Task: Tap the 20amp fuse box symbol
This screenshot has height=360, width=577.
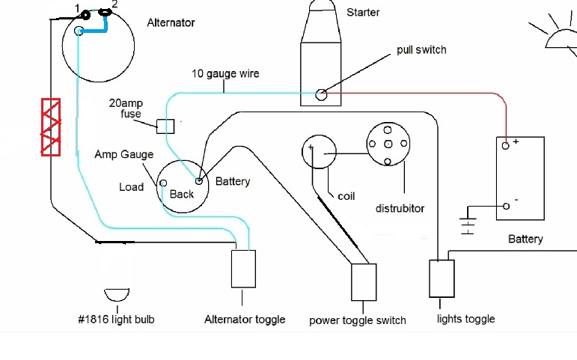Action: click(165, 125)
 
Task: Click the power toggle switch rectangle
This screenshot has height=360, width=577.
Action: click(364, 281)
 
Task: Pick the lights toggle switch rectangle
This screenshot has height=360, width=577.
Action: click(442, 279)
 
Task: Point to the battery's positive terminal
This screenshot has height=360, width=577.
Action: click(507, 146)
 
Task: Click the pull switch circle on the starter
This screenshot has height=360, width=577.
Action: click(321, 94)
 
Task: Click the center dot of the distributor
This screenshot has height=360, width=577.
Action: click(387, 144)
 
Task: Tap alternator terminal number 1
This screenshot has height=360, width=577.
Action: click(85, 14)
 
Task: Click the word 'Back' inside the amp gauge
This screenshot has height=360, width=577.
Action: click(182, 195)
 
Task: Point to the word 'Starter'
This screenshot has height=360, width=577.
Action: click(363, 13)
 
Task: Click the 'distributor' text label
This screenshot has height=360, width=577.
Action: click(400, 208)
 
